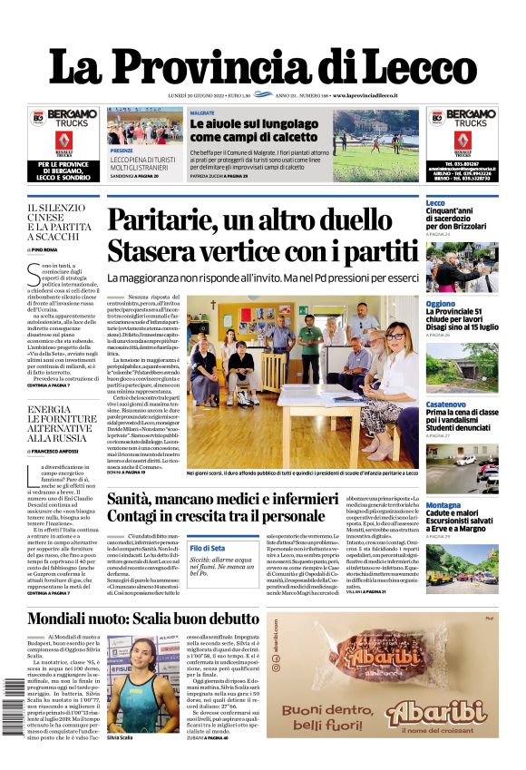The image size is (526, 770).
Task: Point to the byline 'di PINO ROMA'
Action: click(x=43, y=248)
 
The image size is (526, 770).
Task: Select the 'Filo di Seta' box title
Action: click(x=208, y=548)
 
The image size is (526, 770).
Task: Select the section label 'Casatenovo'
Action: click(x=446, y=403)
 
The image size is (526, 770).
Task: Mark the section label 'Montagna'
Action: click(x=443, y=504)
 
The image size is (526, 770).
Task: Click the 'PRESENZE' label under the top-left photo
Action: click(x=122, y=151)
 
